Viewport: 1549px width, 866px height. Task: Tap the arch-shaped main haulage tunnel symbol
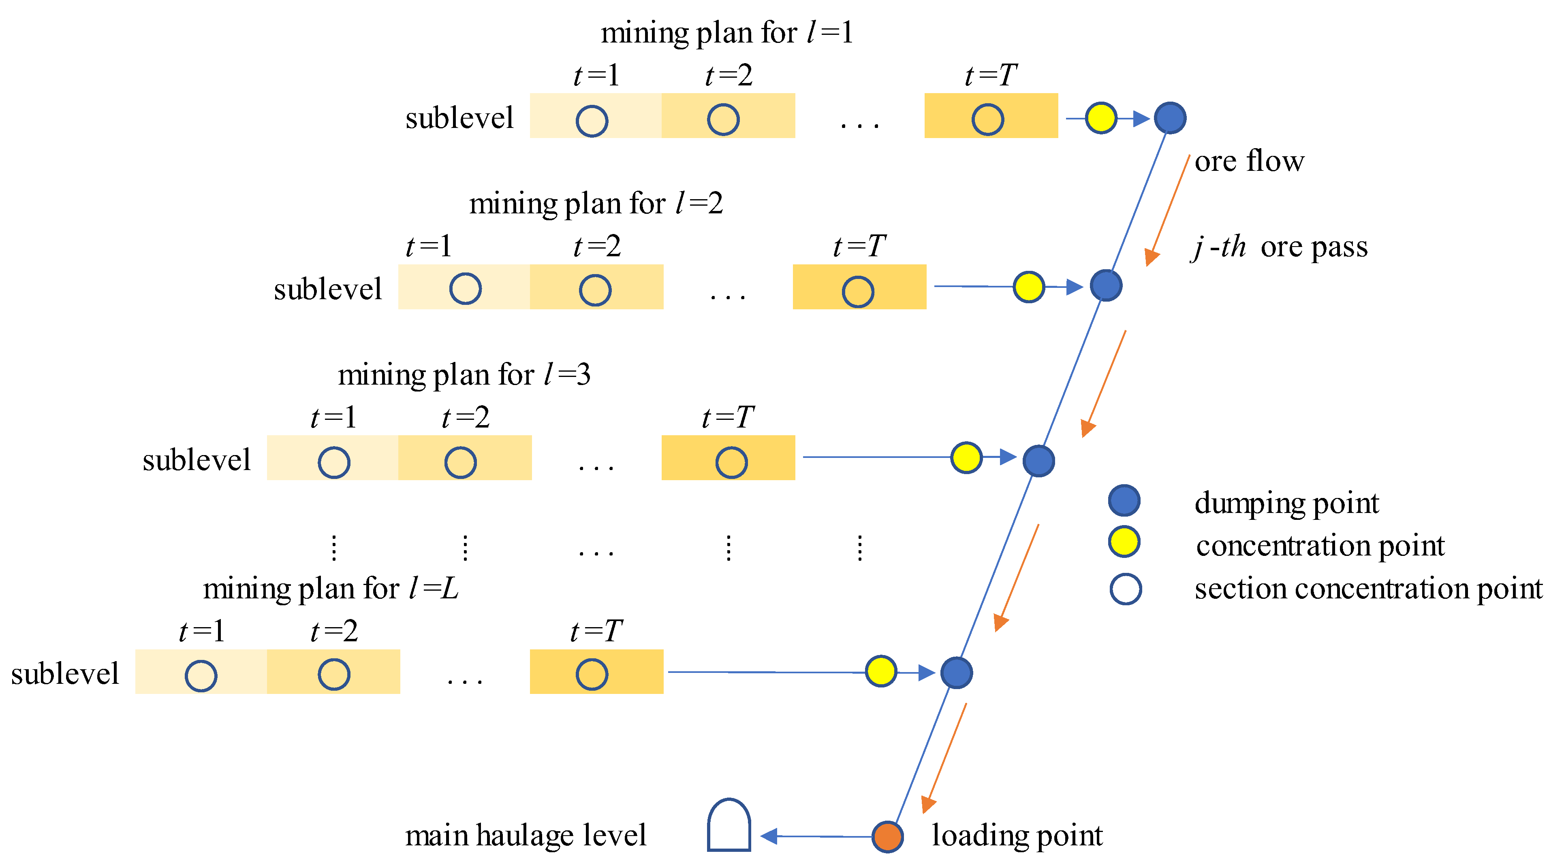(x=729, y=826)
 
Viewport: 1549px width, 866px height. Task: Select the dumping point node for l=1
(x=1170, y=118)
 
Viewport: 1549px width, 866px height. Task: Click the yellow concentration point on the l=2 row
(x=1028, y=287)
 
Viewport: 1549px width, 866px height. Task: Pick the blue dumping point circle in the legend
(x=1124, y=500)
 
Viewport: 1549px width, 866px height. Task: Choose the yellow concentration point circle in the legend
(x=1124, y=541)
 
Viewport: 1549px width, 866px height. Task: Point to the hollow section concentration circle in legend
(x=1125, y=589)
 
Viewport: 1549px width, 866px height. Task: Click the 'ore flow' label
(x=1249, y=161)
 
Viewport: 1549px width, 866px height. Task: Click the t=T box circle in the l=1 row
(x=987, y=119)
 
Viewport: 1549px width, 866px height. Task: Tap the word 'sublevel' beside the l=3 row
(x=196, y=460)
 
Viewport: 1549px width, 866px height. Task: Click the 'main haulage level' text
(x=525, y=835)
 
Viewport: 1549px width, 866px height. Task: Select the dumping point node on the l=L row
(x=956, y=672)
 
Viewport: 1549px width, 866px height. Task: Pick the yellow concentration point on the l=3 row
(x=966, y=458)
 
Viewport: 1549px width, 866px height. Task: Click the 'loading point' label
(x=1017, y=835)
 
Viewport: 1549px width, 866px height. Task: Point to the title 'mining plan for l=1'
(x=726, y=32)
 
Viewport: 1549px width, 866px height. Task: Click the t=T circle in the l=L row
(x=592, y=674)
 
